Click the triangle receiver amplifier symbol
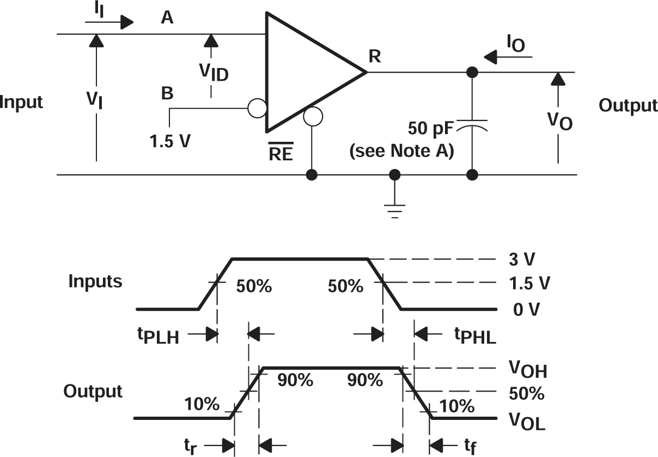click(x=305, y=72)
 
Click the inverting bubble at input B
click(x=257, y=108)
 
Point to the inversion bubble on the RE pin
click(x=313, y=116)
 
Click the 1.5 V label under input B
click(x=170, y=141)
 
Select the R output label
click(x=375, y=57)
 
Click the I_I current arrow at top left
click(x=109, y=22)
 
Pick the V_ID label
click(x=214, y=72)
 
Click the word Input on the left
click(x=22, y=102)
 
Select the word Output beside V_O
click(x=628, y=105)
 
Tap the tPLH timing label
click(x=158, y=336)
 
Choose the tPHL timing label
click(x=475, y=336)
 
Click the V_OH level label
click(x=528, y=371)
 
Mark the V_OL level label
click(x=527, y=421)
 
